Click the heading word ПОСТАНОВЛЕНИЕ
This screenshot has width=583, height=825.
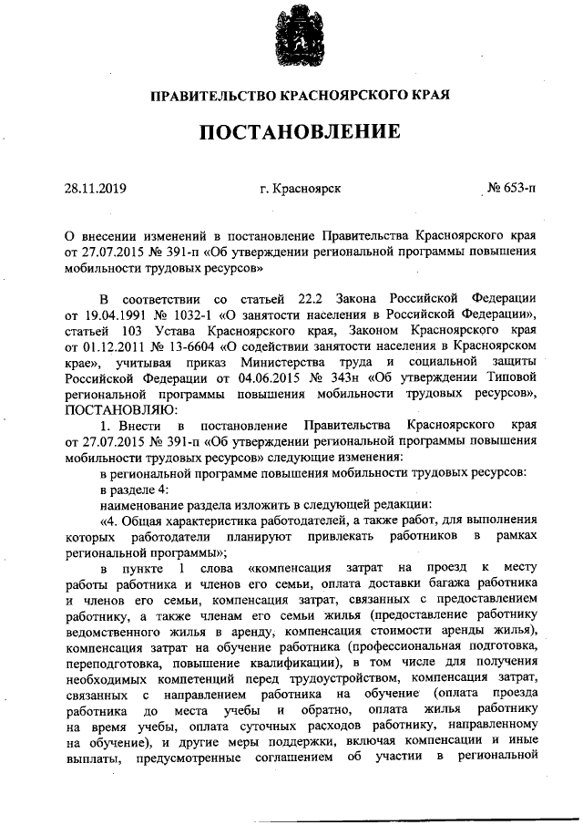coord(300,132)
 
